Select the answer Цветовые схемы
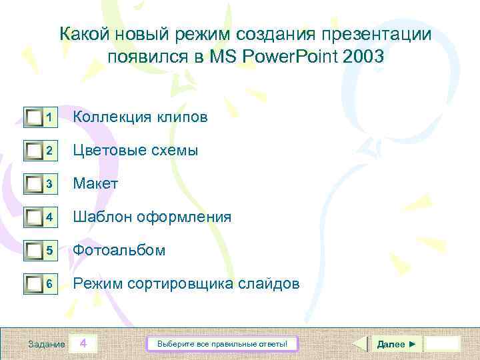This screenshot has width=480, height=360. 135,150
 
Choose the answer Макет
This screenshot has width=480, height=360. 95,183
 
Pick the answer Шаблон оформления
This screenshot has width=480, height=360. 152,217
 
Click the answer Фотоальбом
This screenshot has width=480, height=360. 119,250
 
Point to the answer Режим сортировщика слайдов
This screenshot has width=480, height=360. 186,284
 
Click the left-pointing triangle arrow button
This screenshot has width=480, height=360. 359,344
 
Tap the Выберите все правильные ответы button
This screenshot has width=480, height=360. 222,344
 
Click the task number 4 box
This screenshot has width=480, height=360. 83,344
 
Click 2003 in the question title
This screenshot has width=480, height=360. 365,57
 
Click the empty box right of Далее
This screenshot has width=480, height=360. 443,344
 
